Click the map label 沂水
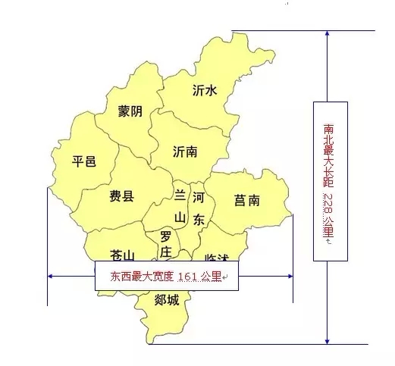[x=205, y=90]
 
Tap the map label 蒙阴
[x=130, y=111]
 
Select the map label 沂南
[x=185, y=151]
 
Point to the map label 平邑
[x=83, y=161]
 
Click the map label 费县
[x=121, y=197]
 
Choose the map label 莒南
[x=247, y=200]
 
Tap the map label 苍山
[x=122, y=255]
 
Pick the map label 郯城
[x=166, y=301]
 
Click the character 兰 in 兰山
[x=180, y=196]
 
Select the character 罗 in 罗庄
[x=165, y=236]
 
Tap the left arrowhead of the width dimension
[x=51, y=277]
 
